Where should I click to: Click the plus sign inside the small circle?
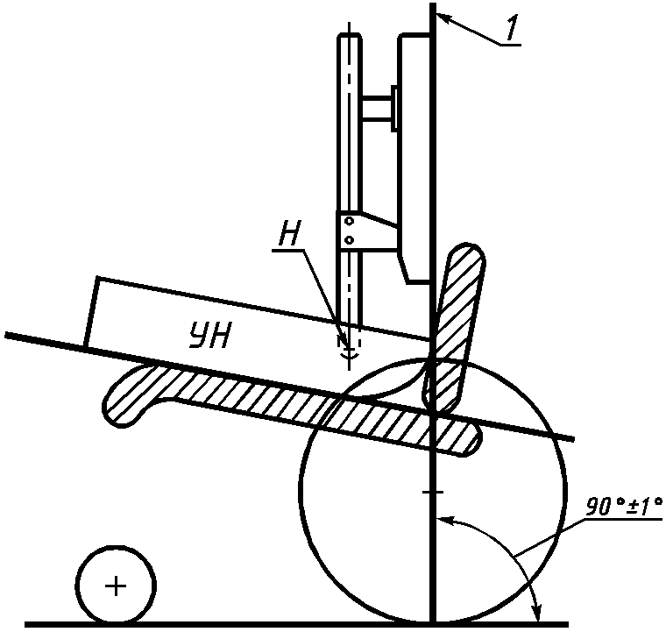click(116, 586)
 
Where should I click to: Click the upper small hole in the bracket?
click(349, 221)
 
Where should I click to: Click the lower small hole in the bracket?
click(349, 238)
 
